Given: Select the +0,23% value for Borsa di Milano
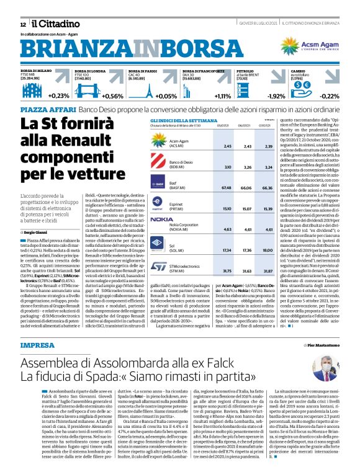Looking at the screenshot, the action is click(59, 96).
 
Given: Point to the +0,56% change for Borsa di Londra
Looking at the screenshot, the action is click(112, 96).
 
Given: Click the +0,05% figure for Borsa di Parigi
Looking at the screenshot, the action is click(166, 96).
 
